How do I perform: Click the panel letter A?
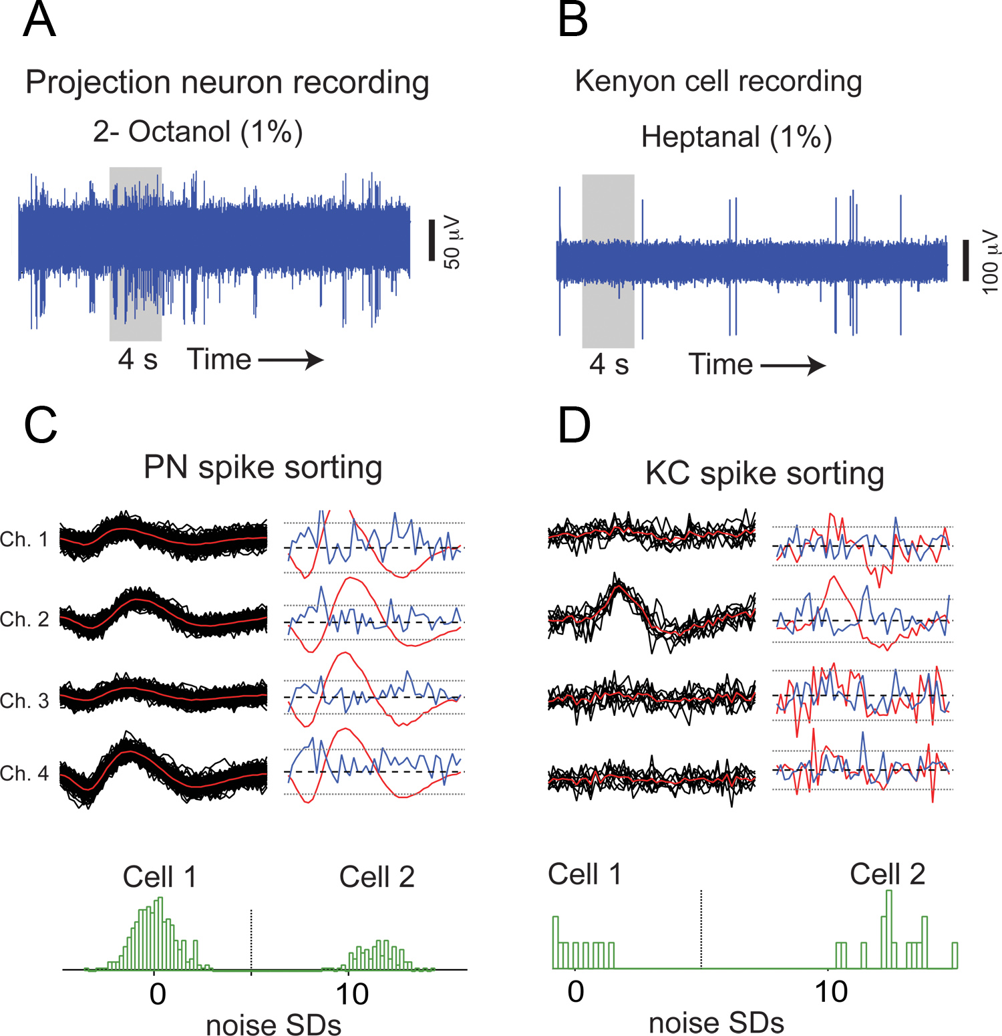[x=39, y=20]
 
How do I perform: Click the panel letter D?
[x=574, y=426]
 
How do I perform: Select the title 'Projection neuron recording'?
[x=227, y=83]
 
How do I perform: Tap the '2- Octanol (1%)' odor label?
[x=198, y=132]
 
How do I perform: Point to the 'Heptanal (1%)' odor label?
[x=737, y=137]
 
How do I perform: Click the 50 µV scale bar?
[x=432, y=240]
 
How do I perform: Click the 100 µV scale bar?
[x=965, y=261]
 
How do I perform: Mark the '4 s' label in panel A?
[x=138, y=360]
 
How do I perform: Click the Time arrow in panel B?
[x=793, y=366]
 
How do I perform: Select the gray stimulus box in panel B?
[x=608, y=261]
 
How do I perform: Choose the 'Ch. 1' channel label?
[x=25, y=539]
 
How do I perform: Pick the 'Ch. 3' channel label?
[x=25, y=700]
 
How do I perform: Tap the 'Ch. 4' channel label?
[x=25, y=773]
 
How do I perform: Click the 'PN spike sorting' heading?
[x=263, y=467]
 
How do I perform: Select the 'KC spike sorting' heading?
[x=764, y=474]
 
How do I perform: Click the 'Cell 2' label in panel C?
[x=377, y=877]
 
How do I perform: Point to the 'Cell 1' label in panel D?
[x=584, y=874]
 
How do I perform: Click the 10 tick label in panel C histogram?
[x=351, y=995]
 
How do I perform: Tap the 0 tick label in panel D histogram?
[x=575, y=992]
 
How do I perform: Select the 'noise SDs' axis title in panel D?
[x=716, y=1023]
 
